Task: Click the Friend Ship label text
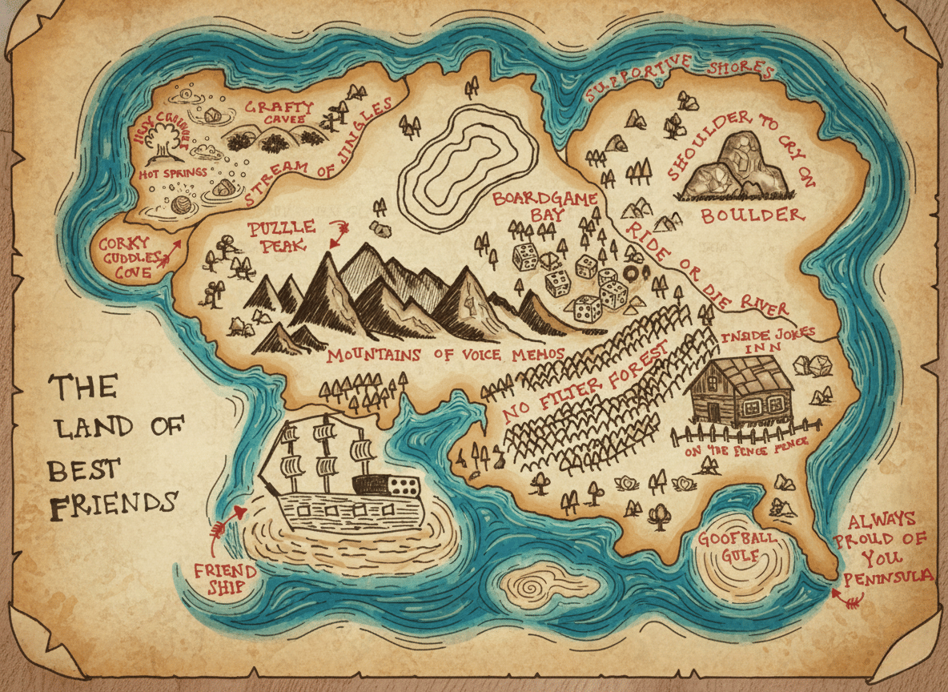point(226,581)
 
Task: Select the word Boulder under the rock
point(752,215)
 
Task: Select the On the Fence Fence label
point(745,449)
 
